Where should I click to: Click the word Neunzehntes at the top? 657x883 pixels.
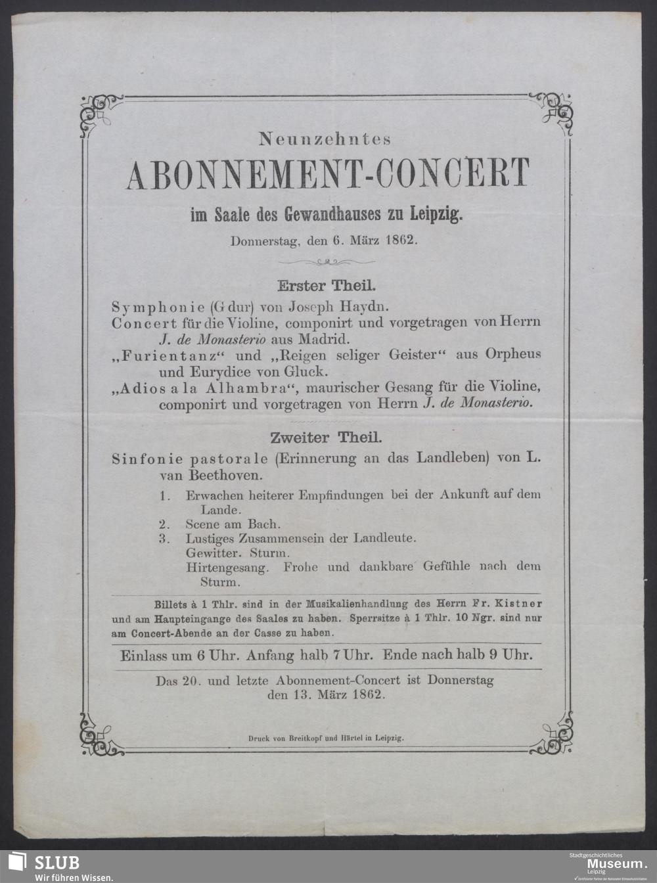point(325,139)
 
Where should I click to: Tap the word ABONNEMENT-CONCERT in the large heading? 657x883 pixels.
point(327,174)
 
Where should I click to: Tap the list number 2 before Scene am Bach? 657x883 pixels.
point(164,524)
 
